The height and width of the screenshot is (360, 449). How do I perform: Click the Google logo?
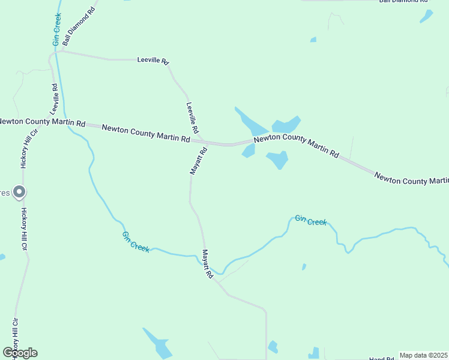20,352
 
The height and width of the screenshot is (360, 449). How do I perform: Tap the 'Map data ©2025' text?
424,355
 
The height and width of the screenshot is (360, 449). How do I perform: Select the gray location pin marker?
19,193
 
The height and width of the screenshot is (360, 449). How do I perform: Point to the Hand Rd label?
381,358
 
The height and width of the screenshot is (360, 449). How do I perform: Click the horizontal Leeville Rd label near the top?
153,61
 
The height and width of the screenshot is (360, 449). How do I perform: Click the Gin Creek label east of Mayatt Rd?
311,221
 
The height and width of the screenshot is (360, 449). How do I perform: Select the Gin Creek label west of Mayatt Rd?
136,242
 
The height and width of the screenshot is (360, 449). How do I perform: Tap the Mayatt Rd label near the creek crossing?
208,264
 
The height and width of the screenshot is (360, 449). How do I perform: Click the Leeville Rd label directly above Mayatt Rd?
192,118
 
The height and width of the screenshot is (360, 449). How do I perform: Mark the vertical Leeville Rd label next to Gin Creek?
54,98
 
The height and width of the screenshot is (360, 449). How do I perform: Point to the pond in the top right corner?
426,16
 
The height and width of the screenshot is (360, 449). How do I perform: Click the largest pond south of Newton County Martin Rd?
277,160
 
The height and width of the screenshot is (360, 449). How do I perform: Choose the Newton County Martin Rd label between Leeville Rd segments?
146,133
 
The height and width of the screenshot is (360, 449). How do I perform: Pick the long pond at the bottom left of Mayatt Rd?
158,343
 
